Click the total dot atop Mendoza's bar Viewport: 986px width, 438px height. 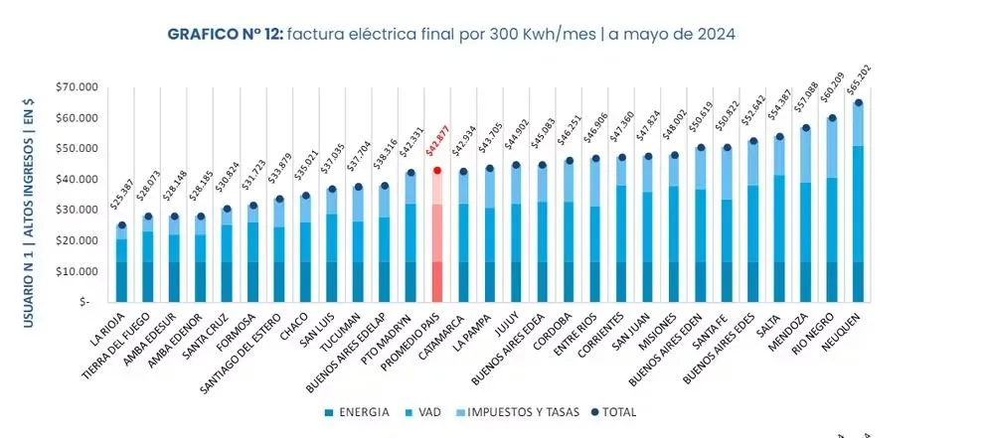(x=806, y=128)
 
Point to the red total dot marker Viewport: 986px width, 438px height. (x=435, y=171)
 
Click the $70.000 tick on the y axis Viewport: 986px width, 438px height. (x=77, y=87)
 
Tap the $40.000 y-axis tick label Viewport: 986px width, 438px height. (x=77, y=180)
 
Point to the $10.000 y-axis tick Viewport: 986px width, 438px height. (x=77, y=271)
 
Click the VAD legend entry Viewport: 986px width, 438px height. (x=428, y=411)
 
